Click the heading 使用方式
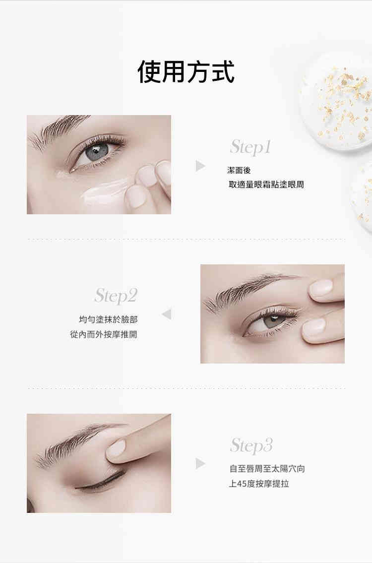(x=186, y=72)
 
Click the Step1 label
(x=250, y=147)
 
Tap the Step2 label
(x=116, y=296)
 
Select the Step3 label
(x=251, y=445)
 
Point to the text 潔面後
(x=239, y=171)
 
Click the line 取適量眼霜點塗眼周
(x=266, y=185)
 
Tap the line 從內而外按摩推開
(x=104, y=334)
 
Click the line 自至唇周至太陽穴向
(x=267, y=468)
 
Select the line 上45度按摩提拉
(x=259, y=483)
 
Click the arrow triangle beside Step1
(x=200, y=166)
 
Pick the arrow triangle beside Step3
(x=200, y=463)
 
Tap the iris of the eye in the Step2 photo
(x=271, y=322)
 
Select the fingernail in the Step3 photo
(x=116, y=449)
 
